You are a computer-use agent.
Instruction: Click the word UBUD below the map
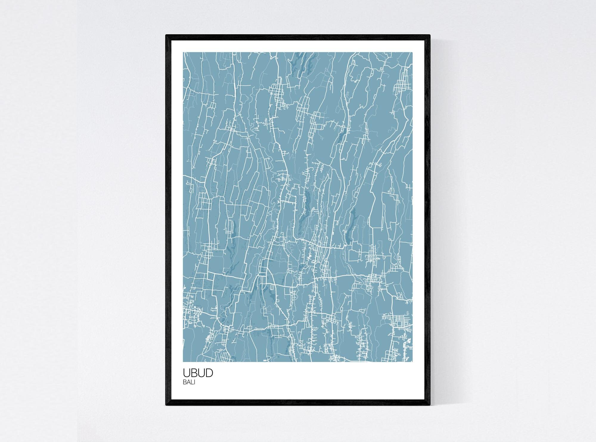pos(198,373)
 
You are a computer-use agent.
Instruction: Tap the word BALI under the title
pos(189,383)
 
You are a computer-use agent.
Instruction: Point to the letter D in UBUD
pos(209,373)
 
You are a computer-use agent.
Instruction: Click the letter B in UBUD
pos(194,373)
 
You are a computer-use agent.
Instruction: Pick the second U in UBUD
pos(201,373)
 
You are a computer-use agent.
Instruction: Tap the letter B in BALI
pos(185,383)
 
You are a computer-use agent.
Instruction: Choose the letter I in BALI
pos(194,383)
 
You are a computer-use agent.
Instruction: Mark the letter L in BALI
pos(192,383)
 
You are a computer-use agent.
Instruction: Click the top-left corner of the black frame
pos(166,35)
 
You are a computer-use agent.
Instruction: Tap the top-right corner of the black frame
pos(430,35)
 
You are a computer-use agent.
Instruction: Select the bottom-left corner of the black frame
pos(166,405)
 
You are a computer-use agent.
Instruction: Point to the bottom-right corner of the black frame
pos(430,405)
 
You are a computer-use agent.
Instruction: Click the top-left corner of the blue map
pos(183,53)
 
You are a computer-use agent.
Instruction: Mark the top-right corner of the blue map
pos(413,53)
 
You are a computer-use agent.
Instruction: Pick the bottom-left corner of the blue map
pos(183,362)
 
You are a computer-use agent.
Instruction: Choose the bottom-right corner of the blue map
pos(413,362)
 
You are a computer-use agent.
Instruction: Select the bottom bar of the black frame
pos(298,403)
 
